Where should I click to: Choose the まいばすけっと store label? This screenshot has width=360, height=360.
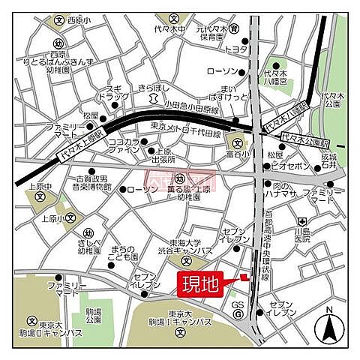222,94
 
